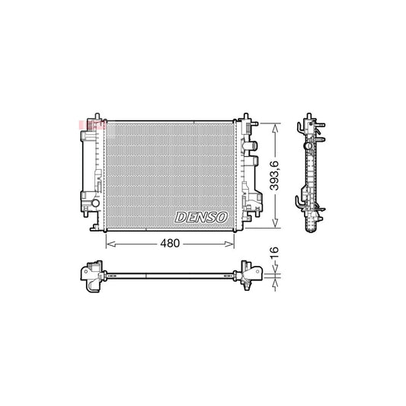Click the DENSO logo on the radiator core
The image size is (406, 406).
201,217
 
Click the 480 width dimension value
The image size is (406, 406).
170,243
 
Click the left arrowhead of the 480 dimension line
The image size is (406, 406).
107,243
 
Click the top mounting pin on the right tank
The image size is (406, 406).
245,117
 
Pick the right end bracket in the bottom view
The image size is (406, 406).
249,276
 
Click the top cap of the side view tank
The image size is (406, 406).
311,123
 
